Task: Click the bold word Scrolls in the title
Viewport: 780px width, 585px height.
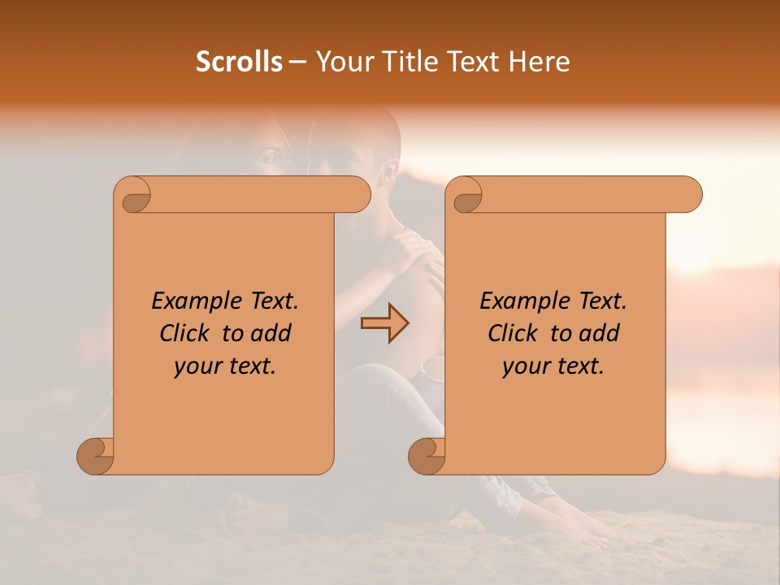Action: [x=239, y=62]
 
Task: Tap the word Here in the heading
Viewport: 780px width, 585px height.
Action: [x=539, y=62]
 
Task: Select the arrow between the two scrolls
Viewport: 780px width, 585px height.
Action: [x=384, y=323]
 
